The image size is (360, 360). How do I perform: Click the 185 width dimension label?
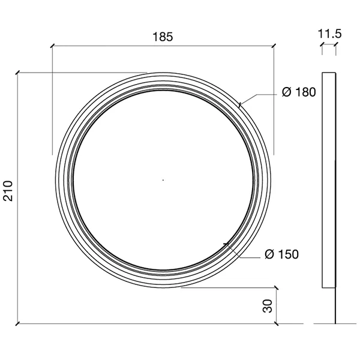pos(163,37)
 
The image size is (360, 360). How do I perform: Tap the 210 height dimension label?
pos(8,191)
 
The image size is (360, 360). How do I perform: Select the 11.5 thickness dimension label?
pos(329,34)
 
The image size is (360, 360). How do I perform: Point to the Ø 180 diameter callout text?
pos(299,92)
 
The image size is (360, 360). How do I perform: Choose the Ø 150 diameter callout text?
pos(282,254)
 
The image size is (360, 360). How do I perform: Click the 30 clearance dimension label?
pos(268,306)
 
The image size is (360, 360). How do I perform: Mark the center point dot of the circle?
pos(163,180)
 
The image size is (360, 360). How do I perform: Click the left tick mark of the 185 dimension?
pos(53,46)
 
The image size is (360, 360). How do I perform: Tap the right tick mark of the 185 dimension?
pos(274,46)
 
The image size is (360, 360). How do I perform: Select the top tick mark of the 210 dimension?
pos(18,73)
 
